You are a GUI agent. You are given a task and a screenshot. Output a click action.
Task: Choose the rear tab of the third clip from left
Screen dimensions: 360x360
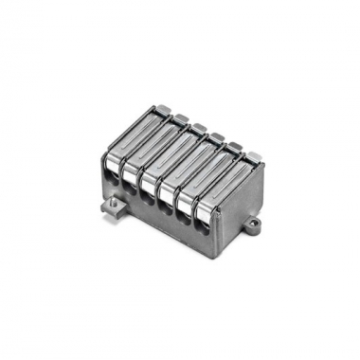click(199, 127)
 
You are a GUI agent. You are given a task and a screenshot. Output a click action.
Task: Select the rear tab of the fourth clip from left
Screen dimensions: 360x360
click(217, 136)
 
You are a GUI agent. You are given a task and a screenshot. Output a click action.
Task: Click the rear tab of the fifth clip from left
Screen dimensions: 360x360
click(234, 146)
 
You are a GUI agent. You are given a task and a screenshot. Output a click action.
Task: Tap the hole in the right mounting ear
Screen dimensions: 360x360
click(254, 226)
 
